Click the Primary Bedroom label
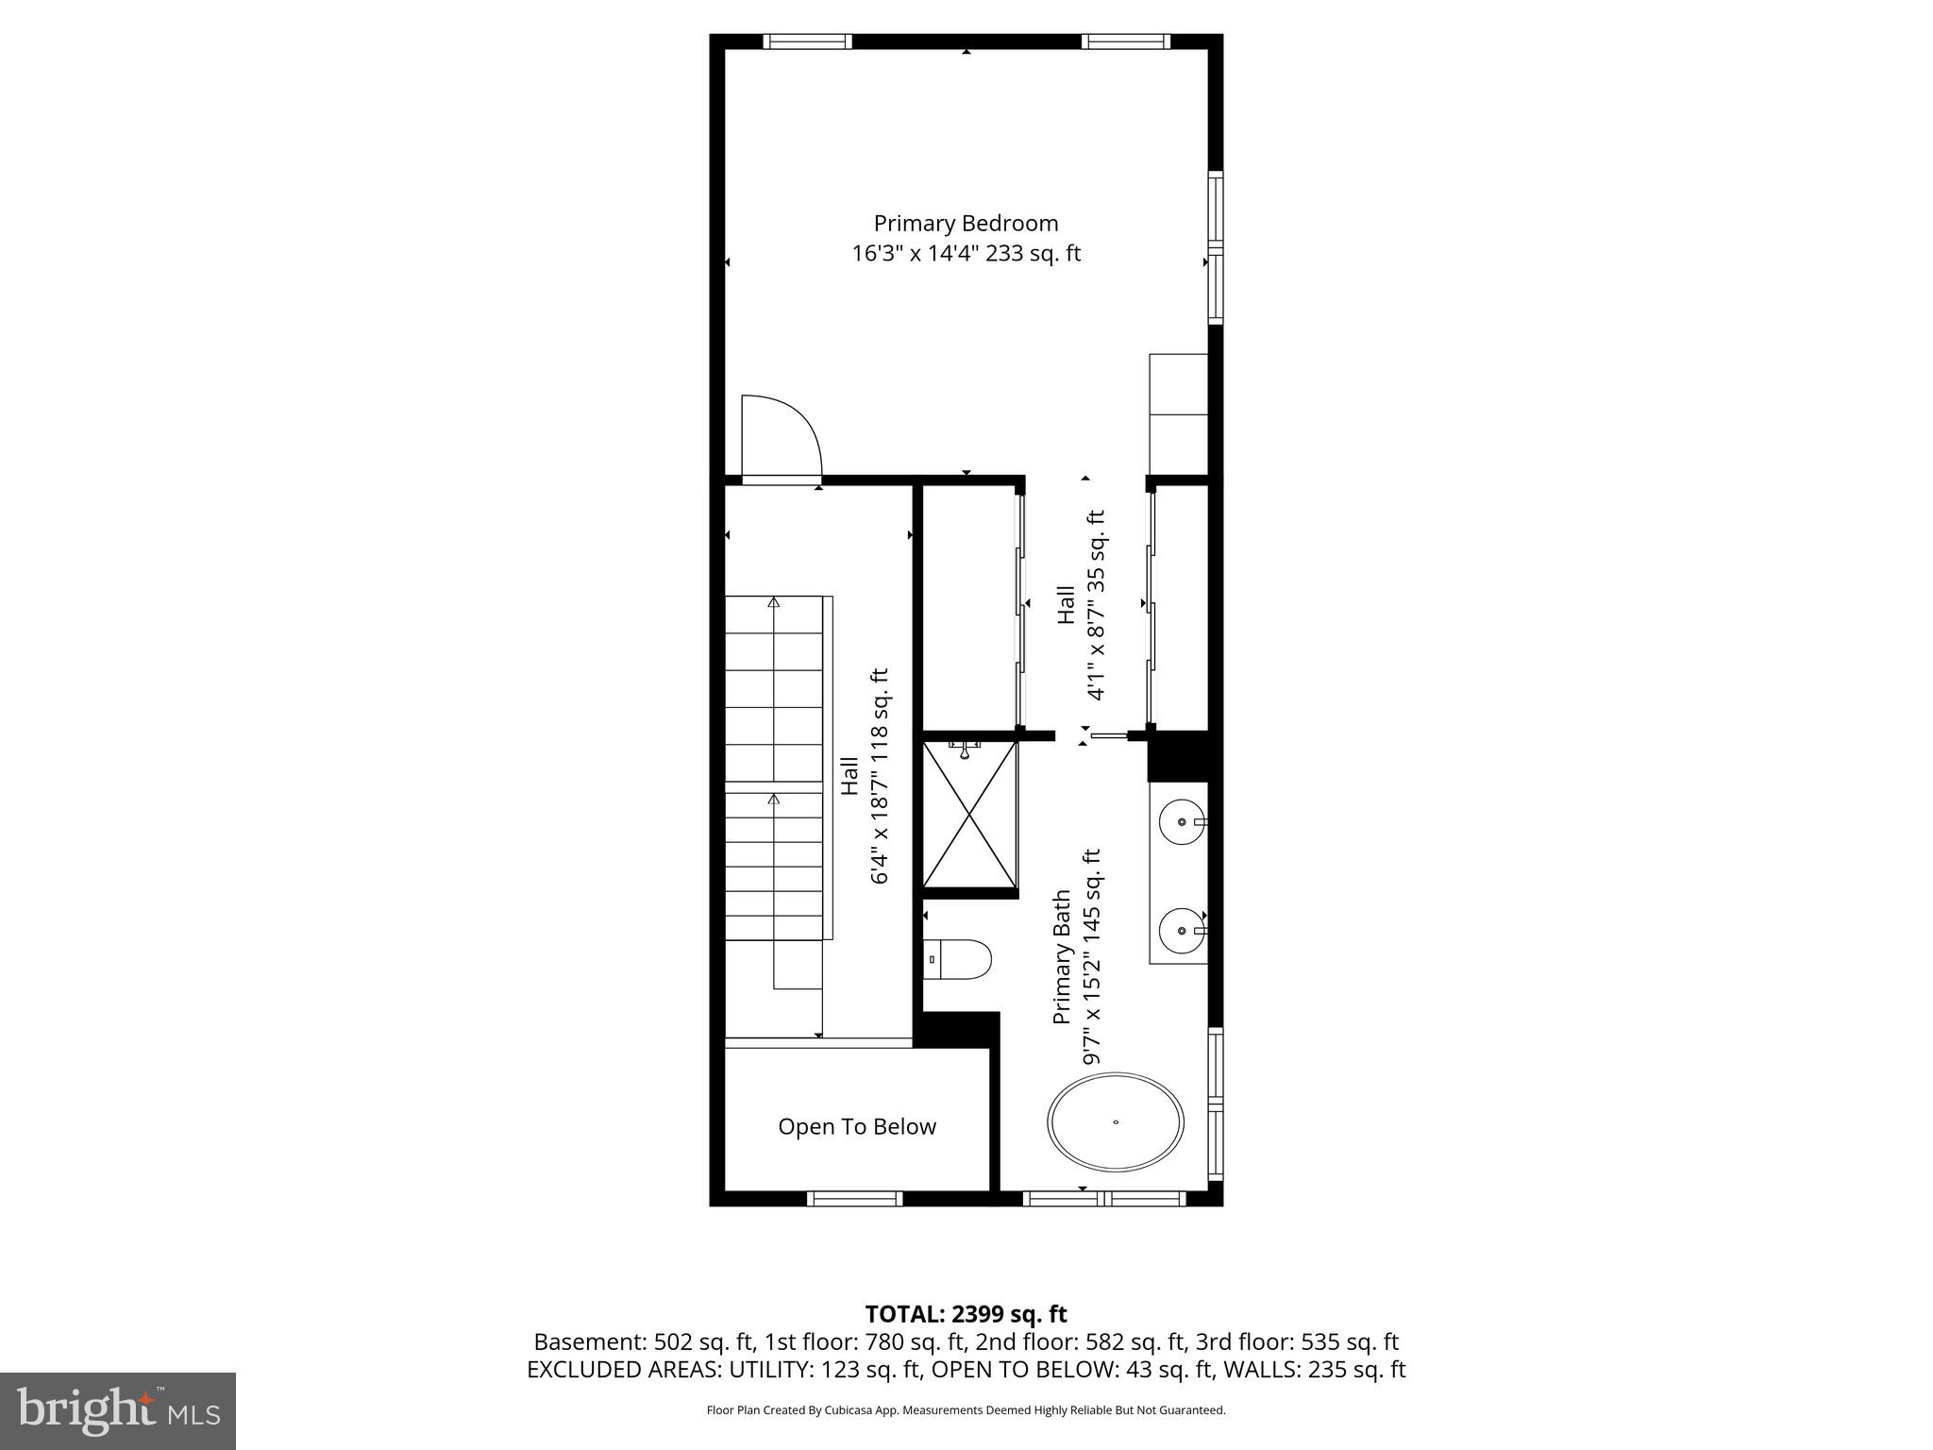[966, 224]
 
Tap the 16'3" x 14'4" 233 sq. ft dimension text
[966, 254]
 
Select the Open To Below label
[857, 1126]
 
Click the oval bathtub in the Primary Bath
[1115, 1122]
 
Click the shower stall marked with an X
[969, 815]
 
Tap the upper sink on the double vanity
[1182, 822]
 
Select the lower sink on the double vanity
[1182, 929]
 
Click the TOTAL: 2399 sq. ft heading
[966, 1314]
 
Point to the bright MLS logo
[118, 1411]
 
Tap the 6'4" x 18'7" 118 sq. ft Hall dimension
[879, 776]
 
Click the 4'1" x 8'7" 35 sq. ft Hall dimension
[1096, 605]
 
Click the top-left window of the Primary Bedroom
[807, 42]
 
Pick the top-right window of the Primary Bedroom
[1125, 42]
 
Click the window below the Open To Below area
[855, 1199]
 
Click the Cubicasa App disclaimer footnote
[966, 1410]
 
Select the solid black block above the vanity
[1177, 756]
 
